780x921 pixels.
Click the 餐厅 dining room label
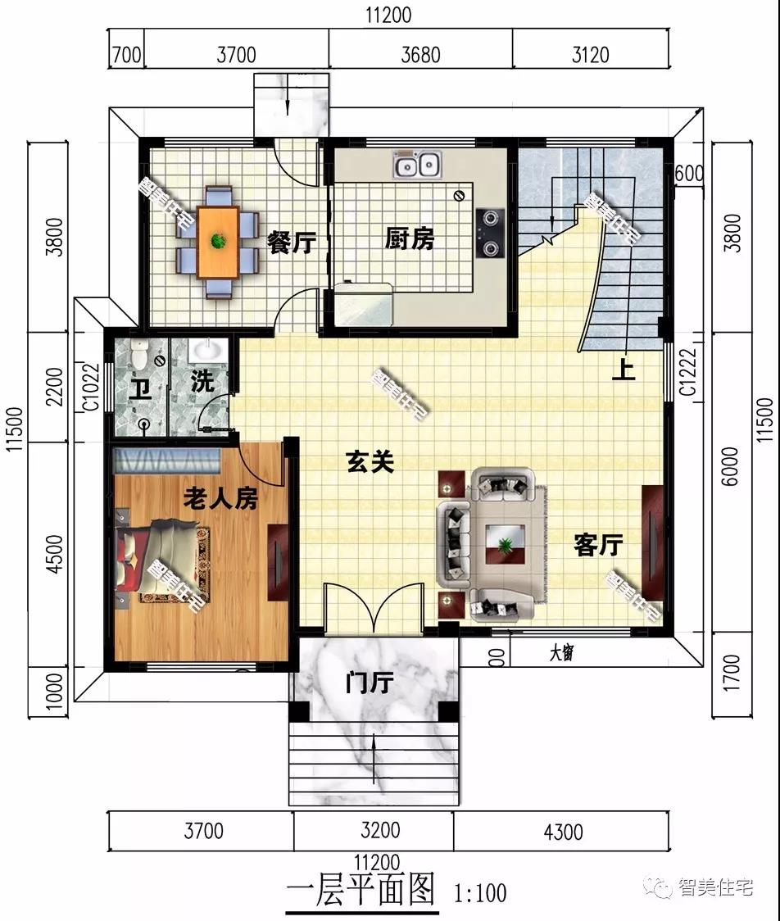pos(291,243)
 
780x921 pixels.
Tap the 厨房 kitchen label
pos(410,239)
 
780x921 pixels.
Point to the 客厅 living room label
pos(598,545)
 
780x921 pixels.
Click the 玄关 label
pos(370,463)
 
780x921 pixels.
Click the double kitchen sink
pos(417,166)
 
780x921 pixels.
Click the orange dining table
pos(218,242)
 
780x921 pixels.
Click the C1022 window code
pos(93,386)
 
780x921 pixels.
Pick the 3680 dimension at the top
pos(420,55)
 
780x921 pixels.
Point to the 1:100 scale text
pos(478,892)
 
